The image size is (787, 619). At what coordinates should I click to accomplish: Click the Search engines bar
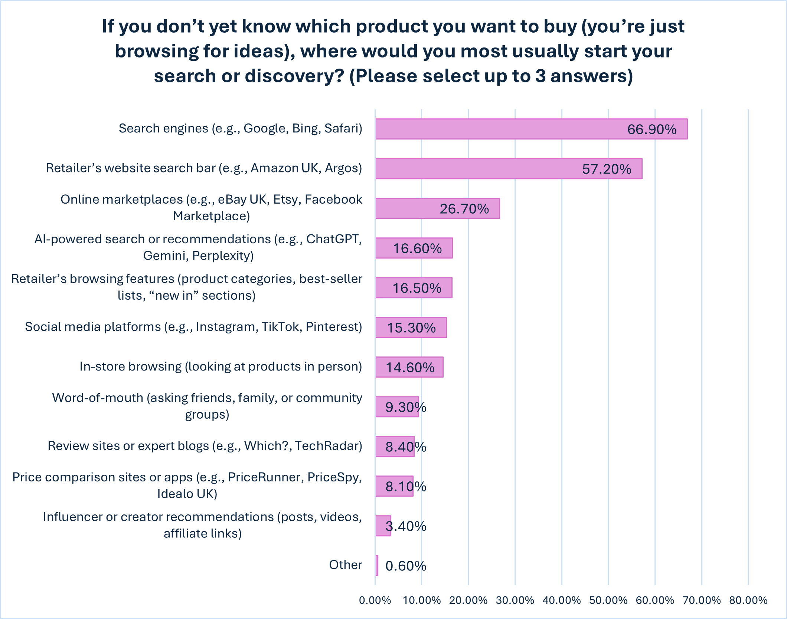pos(531,129)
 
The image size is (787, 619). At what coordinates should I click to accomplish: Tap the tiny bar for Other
pos(377,565)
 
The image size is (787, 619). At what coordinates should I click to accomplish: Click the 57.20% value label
pos(607,169)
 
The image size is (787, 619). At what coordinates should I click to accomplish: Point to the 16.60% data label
pos(417,248)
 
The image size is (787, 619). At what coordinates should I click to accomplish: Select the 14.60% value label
pos(410,368)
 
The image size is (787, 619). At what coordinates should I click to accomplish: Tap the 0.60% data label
pos(406,566)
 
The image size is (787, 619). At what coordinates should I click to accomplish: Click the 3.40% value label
pos(406,526)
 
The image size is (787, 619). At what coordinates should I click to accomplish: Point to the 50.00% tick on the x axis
pos(608,600)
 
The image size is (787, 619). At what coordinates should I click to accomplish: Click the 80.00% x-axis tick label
pos(748,600)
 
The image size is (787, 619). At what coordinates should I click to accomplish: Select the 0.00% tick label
pos(375,600)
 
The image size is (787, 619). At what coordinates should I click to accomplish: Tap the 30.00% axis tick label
pos(515,600)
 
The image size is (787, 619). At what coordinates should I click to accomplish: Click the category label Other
pos(345,565)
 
